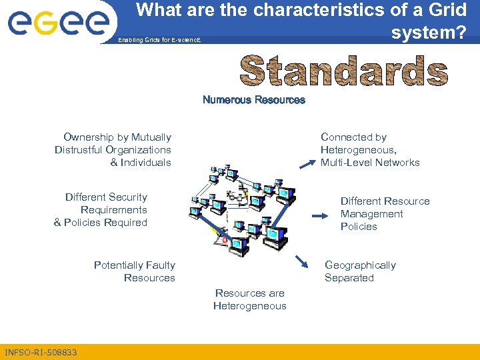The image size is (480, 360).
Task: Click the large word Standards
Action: (x=343, y=71)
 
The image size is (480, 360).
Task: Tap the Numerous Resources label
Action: (x=253, y=100)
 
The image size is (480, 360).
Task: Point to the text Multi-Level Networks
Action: (x=370, y=163)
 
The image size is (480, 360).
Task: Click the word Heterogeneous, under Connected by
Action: (x=357, y=150)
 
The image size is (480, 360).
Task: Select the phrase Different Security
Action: (x=106, y=197)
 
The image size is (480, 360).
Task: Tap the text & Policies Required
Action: (x=100, y=223)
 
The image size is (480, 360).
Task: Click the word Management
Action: (x=371, y=214)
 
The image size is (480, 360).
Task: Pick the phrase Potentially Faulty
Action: (x=134, y=265)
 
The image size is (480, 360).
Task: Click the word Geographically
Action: (x=360, y=265)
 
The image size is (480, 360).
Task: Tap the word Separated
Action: (x=349, y=278)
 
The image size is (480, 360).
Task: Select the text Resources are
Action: (x=249, y=293)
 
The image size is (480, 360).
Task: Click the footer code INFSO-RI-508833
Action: (x=41, y=352)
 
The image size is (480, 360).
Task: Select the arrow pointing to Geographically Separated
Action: (x=302, y=262)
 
